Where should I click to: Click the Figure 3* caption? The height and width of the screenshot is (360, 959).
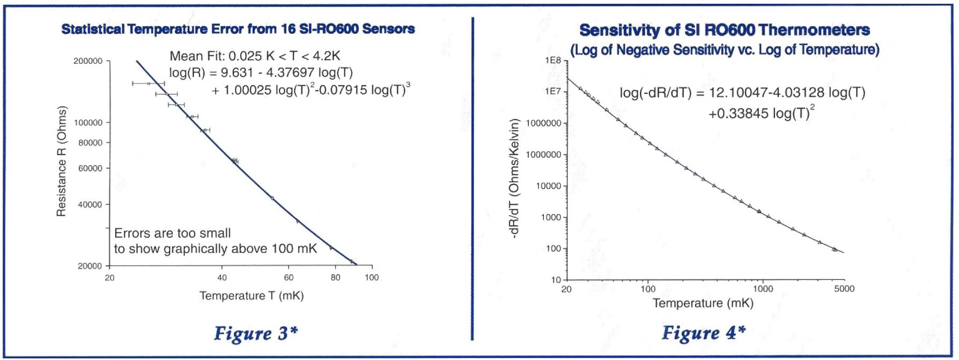point(256,334)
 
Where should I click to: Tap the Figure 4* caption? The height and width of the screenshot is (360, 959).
point(703,333)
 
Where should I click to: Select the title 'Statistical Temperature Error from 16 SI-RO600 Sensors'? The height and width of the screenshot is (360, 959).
point(238,29)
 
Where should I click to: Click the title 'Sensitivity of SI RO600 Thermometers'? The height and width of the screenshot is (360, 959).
point(724,30)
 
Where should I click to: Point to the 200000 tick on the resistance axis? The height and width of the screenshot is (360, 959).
point(88,61)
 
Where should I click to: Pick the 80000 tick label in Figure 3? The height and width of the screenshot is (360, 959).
point(90,143)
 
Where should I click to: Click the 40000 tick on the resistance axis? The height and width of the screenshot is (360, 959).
point(90,204)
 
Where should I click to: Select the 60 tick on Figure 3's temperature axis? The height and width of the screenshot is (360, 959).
point(289,277)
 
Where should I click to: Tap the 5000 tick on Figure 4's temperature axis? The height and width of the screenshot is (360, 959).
point(844,289)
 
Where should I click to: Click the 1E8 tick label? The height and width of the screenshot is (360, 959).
point(552,61)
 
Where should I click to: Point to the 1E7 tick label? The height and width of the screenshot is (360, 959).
point(552,92)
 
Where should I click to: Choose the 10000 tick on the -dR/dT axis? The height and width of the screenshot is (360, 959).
point(549,186)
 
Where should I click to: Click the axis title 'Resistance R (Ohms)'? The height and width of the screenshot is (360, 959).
point(62,161)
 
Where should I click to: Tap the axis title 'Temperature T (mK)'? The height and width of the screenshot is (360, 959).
point(252,296)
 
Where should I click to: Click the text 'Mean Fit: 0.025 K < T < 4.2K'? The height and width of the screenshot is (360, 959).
point(255,56)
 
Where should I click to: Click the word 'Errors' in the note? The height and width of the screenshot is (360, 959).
point(132,233)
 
